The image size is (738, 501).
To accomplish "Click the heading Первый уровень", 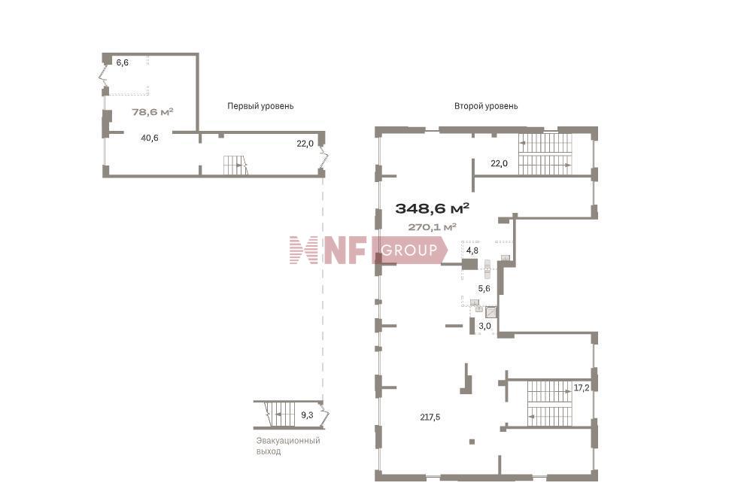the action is [260, 106].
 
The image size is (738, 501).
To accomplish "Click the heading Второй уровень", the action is [486, 106].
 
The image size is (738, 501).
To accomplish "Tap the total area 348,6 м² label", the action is [432, 208].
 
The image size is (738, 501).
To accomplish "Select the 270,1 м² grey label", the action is [432, 227].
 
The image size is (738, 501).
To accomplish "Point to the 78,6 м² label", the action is [153, 112].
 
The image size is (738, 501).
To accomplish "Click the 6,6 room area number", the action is [123, 62].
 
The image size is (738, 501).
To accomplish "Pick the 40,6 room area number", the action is [150, 138].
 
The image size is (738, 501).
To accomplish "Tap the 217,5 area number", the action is [430, 417].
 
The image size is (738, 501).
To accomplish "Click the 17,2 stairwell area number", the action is [582, 388].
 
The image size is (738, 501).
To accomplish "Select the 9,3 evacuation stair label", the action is [307, 415].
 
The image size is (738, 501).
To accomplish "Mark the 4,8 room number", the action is [472, 250].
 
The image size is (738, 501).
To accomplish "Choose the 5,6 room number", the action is [484, 288].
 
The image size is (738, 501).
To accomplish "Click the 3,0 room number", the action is [484, 326].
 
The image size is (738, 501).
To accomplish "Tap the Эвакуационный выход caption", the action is [288, 446].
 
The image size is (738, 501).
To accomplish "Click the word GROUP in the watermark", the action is [409, 250].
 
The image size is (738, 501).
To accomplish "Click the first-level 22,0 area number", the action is [305, 144].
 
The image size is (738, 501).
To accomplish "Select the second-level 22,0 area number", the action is [499, 163].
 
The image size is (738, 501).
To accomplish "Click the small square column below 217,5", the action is [472, 442].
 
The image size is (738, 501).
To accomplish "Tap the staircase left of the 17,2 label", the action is [549, 404].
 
